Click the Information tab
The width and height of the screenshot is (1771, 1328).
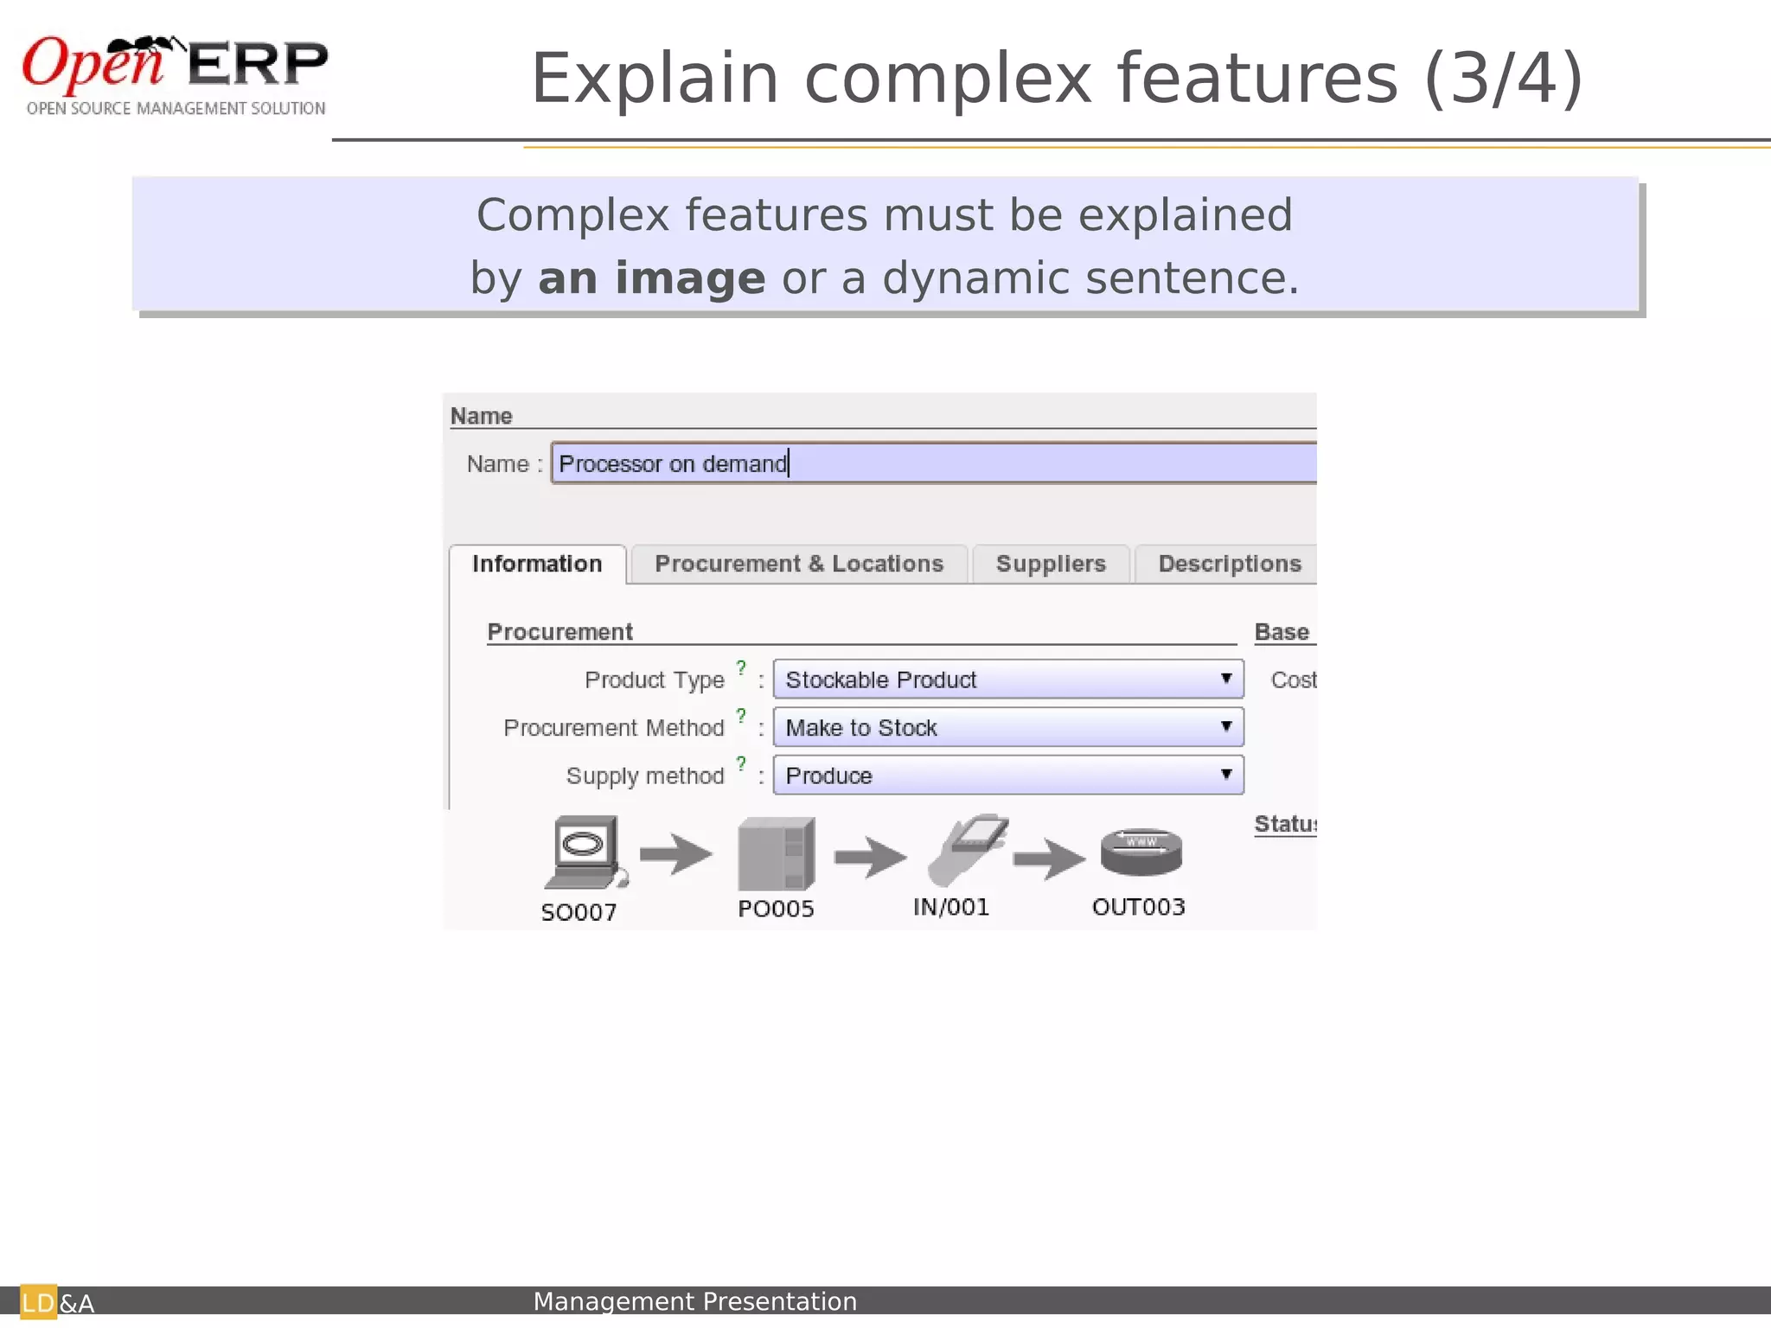[x=537, y=565]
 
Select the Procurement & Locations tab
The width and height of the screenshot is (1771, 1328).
[x=798, y=565]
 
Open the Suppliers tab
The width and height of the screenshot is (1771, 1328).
[x=1051, y=565]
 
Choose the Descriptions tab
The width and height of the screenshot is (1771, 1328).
[x=1229, y=565]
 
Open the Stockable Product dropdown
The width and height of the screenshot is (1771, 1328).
[x=1007, y=680]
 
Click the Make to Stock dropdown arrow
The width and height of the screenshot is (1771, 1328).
[x=1226, y=727]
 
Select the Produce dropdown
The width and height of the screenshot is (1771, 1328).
[x=1007, y=776]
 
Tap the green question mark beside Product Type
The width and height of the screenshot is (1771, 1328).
[x=741, y=667]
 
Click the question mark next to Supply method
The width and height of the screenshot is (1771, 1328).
[x=741, y=763]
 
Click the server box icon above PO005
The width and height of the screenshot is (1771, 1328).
[x=776, y=854]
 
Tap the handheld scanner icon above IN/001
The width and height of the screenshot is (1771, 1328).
[x=967, y=848]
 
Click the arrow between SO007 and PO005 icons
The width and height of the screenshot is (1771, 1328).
[x=676, y=854]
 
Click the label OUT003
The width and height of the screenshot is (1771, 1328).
[x=1138, y=907]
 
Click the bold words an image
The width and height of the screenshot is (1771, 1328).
[x=651, y=278]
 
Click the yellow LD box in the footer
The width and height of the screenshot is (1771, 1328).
[x=38, y=1303]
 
